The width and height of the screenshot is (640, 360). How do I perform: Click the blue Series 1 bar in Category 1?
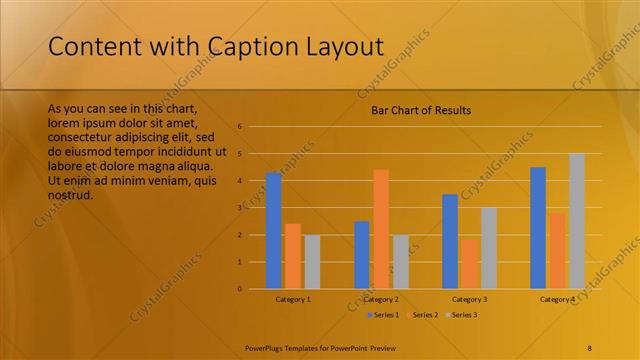click(273, 231)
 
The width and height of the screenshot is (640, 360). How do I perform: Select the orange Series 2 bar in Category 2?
click(381, 229)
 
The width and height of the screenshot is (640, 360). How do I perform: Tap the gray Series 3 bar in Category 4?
click(577, 221)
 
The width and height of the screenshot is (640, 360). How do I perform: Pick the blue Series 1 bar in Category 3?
click(450, 241)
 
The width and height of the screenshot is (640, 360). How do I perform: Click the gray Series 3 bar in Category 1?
click(312, 261)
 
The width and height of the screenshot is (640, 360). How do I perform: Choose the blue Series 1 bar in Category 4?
click(538, 228)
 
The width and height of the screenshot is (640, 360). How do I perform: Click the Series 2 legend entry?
click(422, 315)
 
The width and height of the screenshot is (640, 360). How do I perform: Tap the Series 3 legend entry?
click(461, 315)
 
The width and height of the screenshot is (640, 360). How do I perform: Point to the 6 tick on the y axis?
click(240, 127)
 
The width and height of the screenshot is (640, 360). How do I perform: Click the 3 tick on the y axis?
click(240, 208)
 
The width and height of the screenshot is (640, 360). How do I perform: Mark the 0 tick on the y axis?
click(240, 289)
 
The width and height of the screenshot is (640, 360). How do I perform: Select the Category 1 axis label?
click(293, 299)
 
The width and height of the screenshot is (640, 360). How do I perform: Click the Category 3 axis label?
click(469, 299)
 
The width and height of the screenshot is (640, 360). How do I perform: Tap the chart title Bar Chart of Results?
click(414, 110)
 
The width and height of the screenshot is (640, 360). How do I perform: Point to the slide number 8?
click(589, 347)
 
